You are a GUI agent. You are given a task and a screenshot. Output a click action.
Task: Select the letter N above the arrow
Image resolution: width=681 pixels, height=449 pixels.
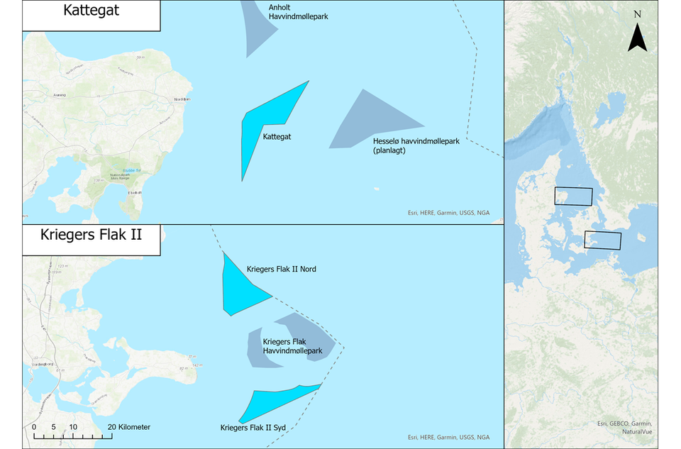coord(637,14)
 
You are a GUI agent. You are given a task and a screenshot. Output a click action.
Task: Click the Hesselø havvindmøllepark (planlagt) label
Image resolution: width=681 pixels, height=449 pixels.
coord(416,145)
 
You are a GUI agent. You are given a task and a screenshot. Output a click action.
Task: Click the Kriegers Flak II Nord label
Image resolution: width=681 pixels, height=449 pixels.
coord(281,270)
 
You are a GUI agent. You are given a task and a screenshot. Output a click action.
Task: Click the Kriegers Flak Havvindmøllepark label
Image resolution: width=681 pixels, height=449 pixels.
coord(292,346)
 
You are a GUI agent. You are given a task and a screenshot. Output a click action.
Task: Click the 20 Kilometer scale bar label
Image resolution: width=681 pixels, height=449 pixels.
coord(128,427)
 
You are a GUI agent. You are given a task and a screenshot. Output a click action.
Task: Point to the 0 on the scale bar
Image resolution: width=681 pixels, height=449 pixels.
coord(34,427)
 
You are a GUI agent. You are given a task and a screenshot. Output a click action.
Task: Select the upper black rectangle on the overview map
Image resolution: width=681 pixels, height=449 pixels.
coord(573,196)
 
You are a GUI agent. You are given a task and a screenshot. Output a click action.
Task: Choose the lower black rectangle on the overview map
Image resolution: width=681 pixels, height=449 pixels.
coord(602,240)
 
